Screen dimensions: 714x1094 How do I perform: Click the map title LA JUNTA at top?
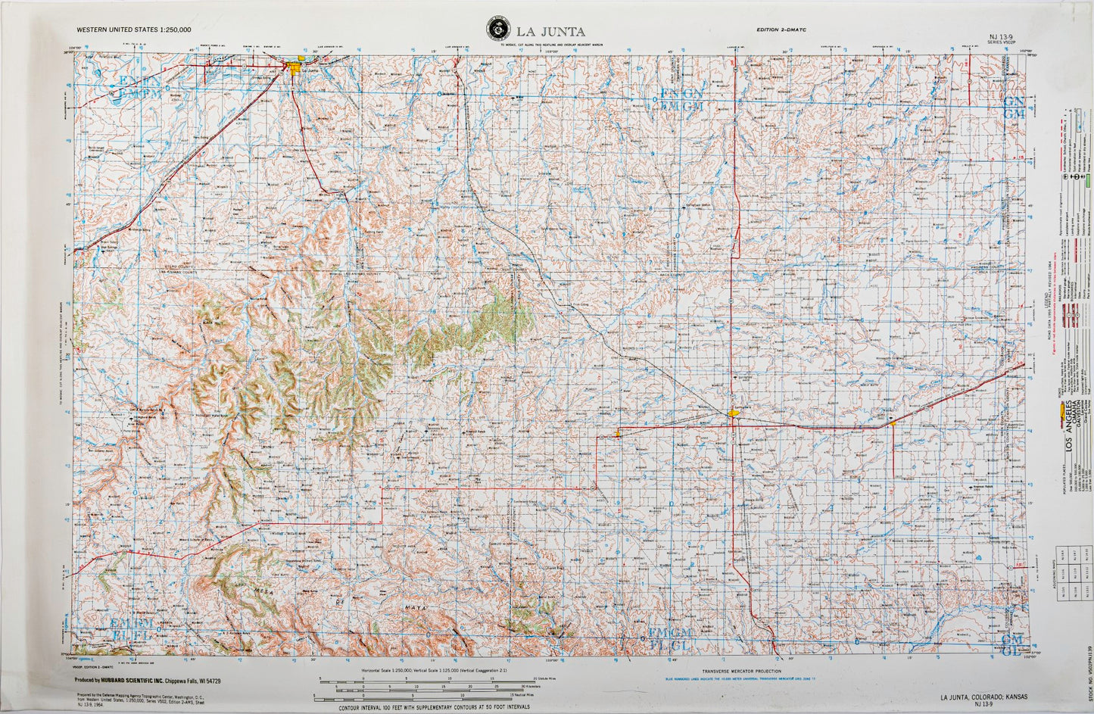[550, 31]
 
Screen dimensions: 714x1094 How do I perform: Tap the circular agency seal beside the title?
[497, 30]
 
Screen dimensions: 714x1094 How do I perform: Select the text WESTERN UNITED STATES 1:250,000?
[133, 30]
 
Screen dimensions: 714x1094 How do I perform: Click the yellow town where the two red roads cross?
[733, 413]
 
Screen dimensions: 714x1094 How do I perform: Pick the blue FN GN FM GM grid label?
[681, 99]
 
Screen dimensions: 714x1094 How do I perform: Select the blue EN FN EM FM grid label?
[135, 87]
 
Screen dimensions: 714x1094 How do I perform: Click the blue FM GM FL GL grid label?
[669, 638]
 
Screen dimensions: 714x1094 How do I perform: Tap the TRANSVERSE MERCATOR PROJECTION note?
[740, 671]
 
